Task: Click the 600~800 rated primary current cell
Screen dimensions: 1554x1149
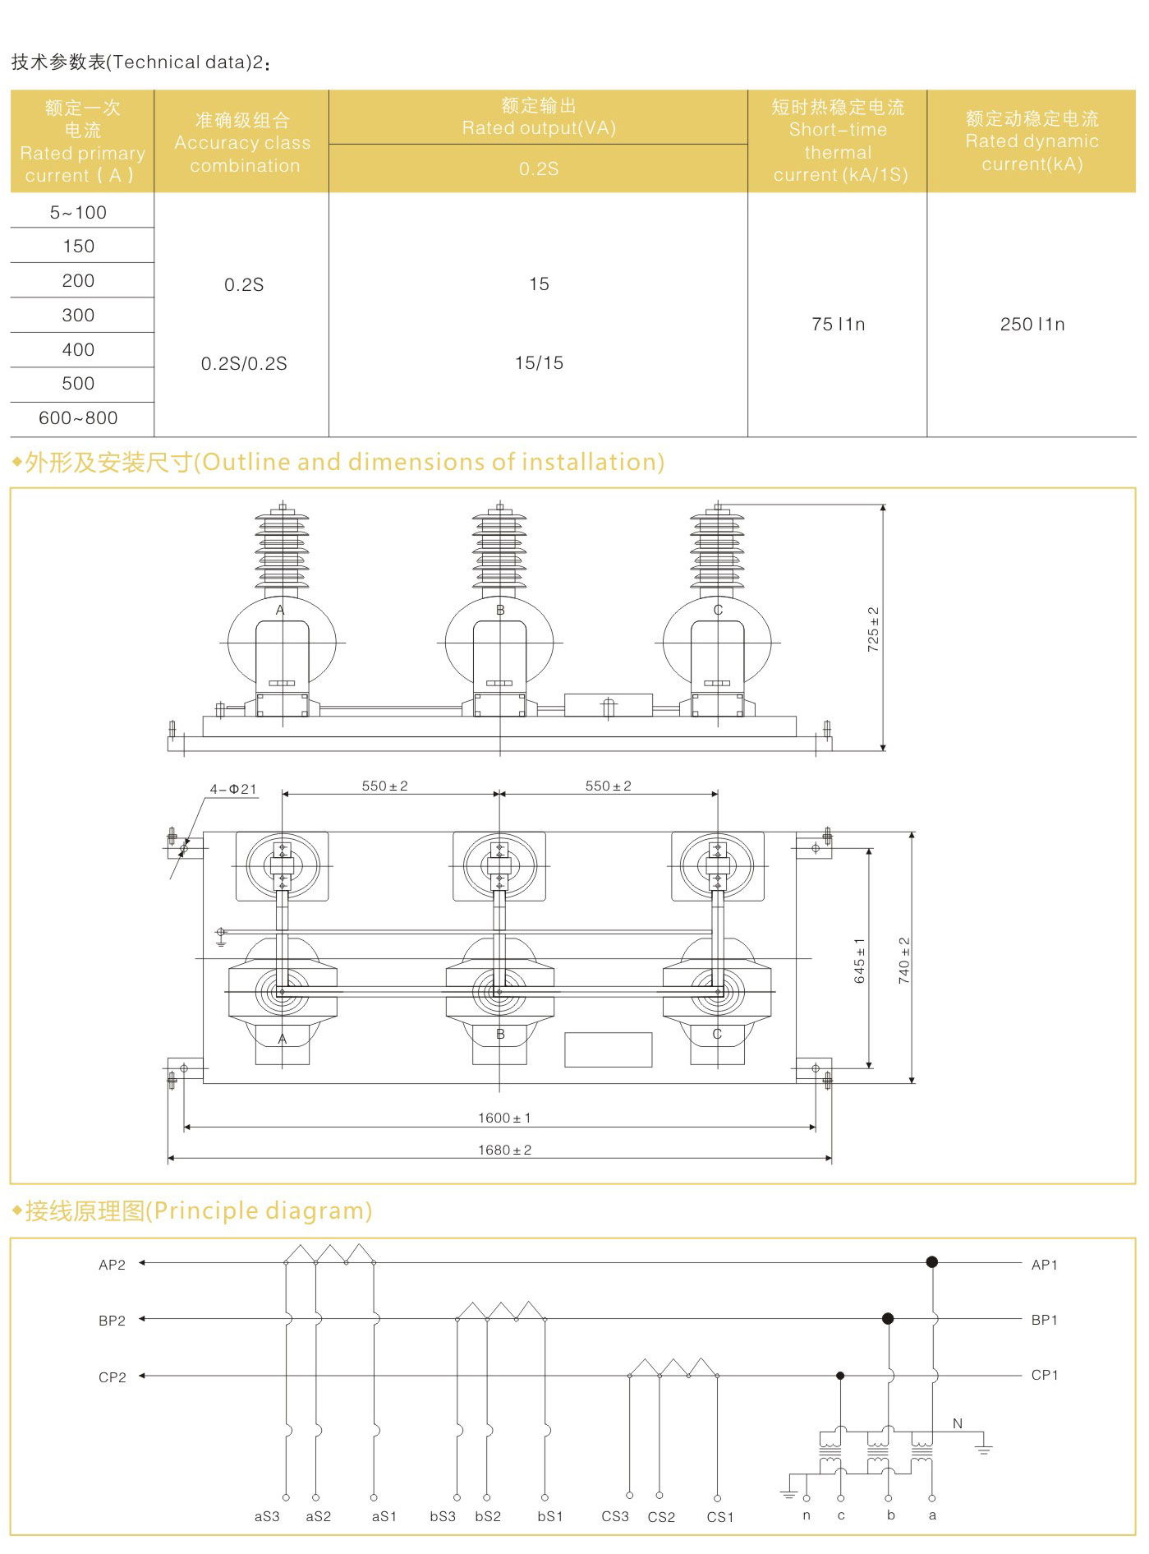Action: [x=78, y=418]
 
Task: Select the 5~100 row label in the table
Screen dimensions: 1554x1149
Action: [x=78, y=213]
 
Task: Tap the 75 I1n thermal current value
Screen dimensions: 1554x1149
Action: [x=838, y=325]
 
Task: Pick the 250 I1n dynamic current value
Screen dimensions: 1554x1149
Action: [x=1032, y=325]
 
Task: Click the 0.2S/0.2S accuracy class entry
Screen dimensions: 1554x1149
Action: [x=244, y=364]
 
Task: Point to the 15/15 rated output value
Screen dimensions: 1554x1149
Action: [x=539, y=363]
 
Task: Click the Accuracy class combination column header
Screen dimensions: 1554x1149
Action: [x=242, y=143]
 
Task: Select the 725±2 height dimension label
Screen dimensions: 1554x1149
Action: [x=873, y=629]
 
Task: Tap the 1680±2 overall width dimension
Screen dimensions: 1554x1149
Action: [x=504, y=1150]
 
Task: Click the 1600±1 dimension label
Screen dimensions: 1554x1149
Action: [x=504, y=1118]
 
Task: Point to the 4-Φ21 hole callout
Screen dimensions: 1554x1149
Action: [x=233, y=789]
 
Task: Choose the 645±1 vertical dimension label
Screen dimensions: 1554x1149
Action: [x=859, y=961]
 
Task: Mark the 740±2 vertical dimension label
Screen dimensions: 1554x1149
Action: [x=903, y=961]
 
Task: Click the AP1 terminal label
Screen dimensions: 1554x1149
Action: [x=1044, y=1265]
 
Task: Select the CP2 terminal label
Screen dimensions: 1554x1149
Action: [x=113, y=1377]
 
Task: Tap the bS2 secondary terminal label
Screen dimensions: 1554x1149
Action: [x=488, y=1516]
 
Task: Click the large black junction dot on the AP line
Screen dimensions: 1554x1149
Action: [x=931, y=1262]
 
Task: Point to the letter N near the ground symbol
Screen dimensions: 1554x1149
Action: [x=958, y=1423]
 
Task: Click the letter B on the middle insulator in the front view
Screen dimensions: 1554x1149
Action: [x=500, y=611]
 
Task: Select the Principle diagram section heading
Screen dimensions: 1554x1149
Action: [x=198, y=1210]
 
